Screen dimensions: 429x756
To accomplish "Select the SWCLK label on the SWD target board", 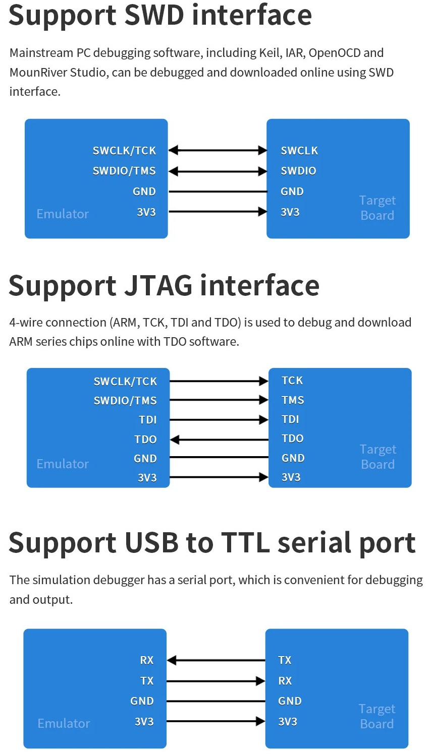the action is pos(299,151).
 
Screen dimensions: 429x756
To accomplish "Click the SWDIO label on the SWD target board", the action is pos(298,171).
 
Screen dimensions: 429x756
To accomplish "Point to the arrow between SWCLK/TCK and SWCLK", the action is pos(218,150).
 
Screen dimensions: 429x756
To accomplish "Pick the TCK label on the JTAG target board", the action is pos(292,381).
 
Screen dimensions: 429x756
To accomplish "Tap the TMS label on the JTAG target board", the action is pos(293,400).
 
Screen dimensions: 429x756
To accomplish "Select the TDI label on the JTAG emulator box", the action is pos(148,420).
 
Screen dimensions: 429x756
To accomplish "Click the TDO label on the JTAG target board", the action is pos(292,439).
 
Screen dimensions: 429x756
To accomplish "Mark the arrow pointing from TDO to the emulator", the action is pos(219,440).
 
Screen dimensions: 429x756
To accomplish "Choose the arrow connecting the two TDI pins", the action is pos(219,420).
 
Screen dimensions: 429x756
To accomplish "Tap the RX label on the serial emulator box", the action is pos(147,660).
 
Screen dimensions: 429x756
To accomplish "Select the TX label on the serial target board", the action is pos(285,660).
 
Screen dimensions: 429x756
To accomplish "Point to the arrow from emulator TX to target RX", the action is pos(216,681).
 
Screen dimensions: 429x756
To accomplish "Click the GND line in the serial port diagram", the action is pos(216,702).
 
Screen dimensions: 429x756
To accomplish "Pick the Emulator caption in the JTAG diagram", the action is pos(63,464).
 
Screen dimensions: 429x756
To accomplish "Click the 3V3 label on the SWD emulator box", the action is pos(146,212).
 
